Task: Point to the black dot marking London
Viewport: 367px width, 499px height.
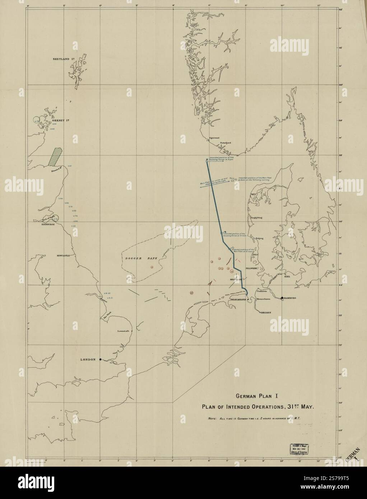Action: [101, 359]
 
